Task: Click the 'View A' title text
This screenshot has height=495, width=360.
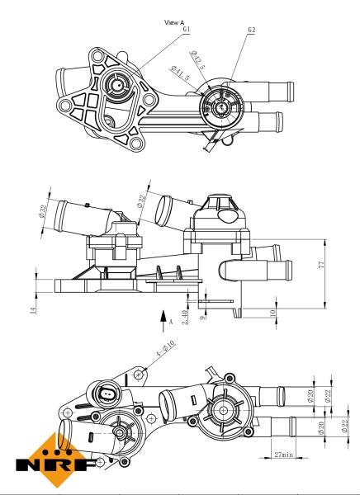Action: pyautogui.click(x=174, y=22)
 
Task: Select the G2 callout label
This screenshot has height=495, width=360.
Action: pyautogui.click(x=251, y=30)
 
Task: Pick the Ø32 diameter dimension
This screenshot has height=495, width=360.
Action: pyautogui.click(x=143, y=200)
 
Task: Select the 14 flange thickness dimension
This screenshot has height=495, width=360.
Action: pyautogui.click(x=34, y=310)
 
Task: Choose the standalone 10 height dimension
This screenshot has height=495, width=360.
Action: pyautogui.click(x=273, y=313)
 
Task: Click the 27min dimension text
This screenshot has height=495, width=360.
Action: pyautogui.click(x=284, y=454)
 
